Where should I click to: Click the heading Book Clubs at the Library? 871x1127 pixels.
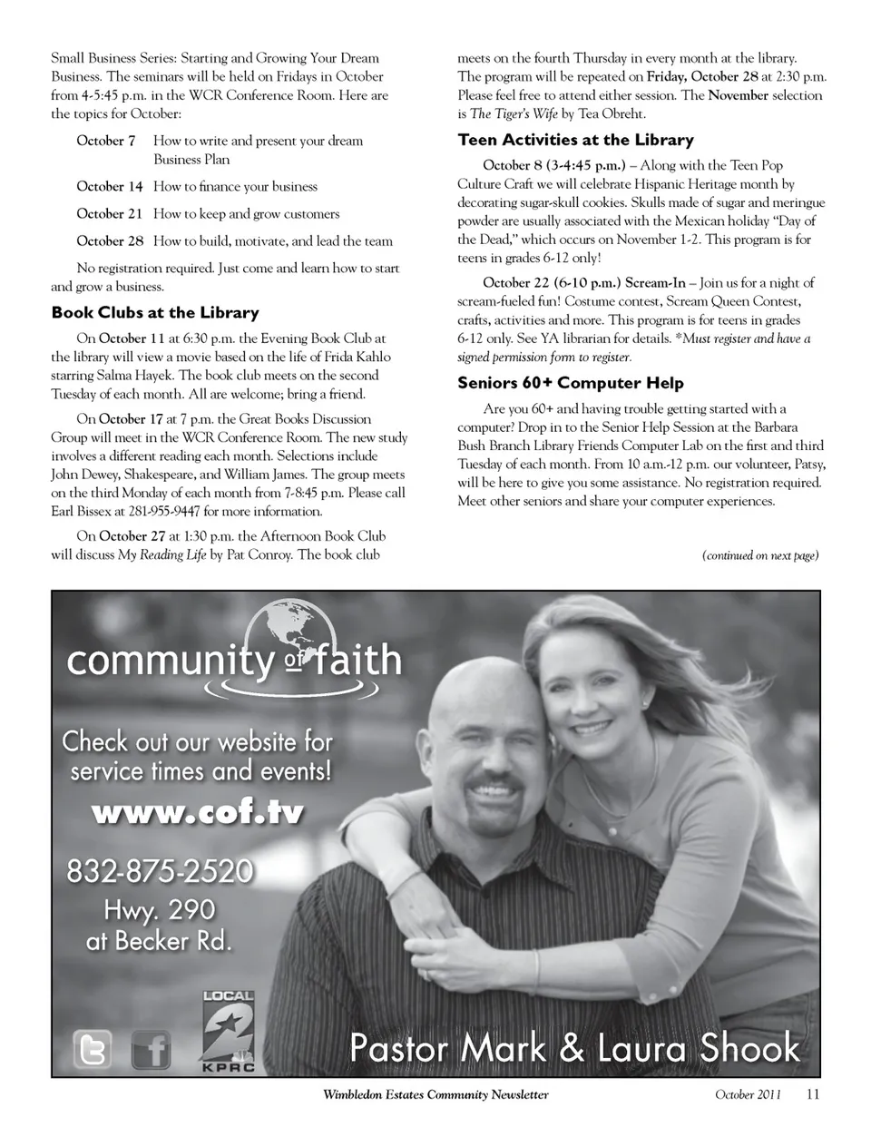click(155, 313)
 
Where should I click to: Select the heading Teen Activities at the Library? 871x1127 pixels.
click(575, 140)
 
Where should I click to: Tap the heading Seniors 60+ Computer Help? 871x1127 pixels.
click(571, 383)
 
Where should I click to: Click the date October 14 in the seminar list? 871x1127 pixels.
click(110, 187)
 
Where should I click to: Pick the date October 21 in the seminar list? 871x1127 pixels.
click(110, 214)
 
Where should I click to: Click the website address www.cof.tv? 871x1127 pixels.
click(198, 811)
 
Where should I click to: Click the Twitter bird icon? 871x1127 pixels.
click(93, 1050)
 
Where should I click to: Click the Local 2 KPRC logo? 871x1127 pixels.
click(227, 1034)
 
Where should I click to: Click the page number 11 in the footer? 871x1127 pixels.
click(812, 1094)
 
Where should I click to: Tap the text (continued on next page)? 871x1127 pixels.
click(760, 555)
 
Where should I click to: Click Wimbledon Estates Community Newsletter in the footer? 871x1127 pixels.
click(435, 1094)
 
